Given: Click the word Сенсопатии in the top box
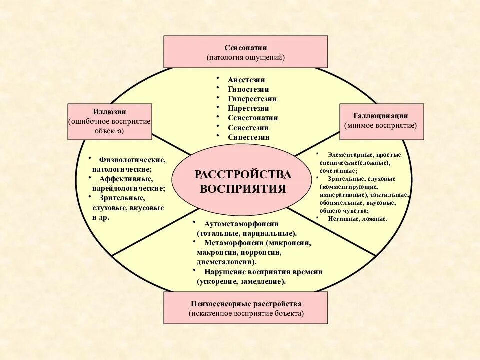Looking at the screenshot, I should (x=246, y=48).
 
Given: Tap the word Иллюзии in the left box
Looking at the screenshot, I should (x=109, y=112).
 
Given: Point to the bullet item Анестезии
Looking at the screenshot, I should (x=246, y=80).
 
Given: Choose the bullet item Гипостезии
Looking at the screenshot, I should (x=248, y=89).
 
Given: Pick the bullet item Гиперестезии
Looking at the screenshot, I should (x=252, y=99).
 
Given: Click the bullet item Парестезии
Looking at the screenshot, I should (x=248, y=108).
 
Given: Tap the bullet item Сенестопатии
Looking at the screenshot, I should (x=253, y=118).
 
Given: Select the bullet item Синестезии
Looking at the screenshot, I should (x=248, y=137).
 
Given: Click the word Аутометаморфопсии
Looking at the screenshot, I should (x=241, y=224).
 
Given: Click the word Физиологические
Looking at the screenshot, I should (x=132, y=160).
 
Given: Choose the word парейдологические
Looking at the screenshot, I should (x=129, y=188).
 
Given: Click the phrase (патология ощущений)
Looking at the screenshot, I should (x=246, y=58).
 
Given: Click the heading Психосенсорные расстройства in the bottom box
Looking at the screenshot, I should (x=246, y=304).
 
